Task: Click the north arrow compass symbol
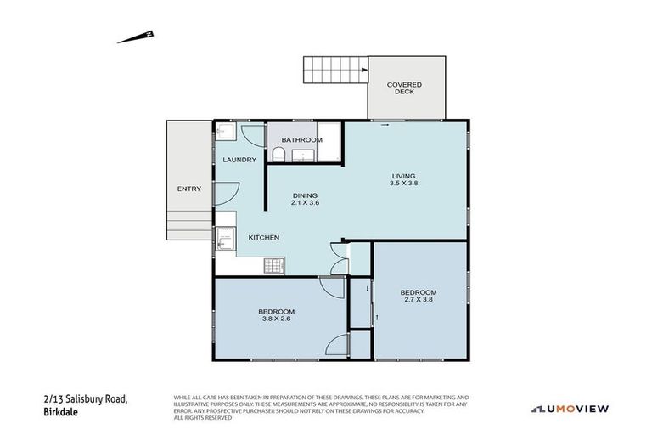click(x=135, y=37)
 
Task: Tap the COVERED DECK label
click(x=404, y=88)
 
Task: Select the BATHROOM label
click(x=303, y=139)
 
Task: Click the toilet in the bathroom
click(x=278, y=153)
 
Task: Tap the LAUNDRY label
click(x=239, y=160)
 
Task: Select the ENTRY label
click(x=188, y=189)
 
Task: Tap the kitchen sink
click(x=225, y=240)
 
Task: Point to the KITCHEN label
click(x=264, y=238)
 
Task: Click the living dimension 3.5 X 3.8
click(x=404, y=183)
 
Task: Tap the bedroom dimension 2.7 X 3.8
click(x=419, y=300)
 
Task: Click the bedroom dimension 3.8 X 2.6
click(x=277, y=319)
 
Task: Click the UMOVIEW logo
click(x=570, y=409)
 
